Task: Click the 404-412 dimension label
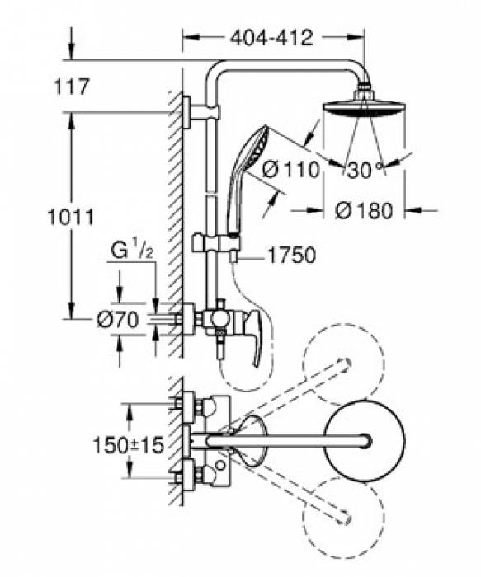(271, 38)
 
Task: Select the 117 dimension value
(72, 87)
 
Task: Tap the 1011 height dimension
(71, 217)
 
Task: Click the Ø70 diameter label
(117, 320)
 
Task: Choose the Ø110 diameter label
(291, 170)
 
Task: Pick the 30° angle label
(365, 170)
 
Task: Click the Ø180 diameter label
(364, 211)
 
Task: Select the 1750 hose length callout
(292, 255)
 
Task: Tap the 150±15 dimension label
(128, 445)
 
